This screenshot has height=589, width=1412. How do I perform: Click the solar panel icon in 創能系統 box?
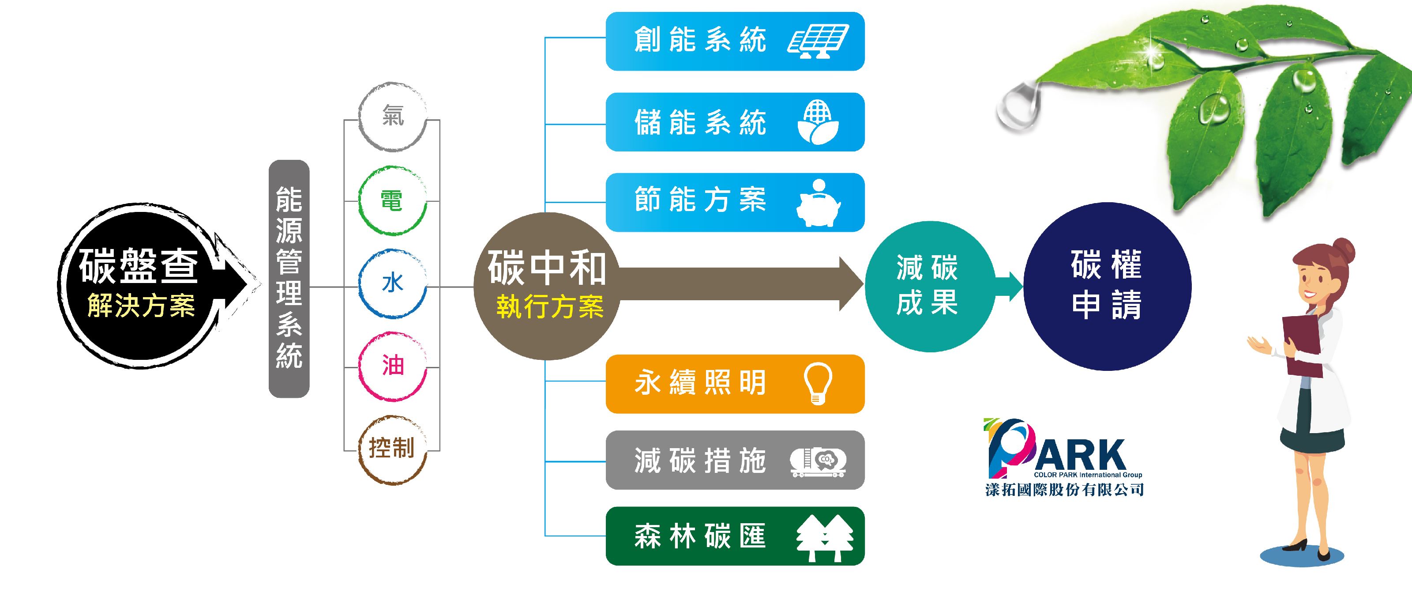818,41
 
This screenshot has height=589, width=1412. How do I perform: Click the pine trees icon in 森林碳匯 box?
824,537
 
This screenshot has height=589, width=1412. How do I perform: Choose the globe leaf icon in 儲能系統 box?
818,122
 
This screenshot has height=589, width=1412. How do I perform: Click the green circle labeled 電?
392,201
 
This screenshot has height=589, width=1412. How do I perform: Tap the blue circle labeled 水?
392,284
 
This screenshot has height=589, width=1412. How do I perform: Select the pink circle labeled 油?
392,366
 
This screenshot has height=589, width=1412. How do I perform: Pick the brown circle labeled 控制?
392,449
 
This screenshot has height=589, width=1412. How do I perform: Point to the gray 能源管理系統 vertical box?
289,279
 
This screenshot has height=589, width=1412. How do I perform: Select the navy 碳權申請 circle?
1107,286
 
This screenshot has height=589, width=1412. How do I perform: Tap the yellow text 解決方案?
141,306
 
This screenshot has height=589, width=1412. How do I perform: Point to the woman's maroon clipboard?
1302,346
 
